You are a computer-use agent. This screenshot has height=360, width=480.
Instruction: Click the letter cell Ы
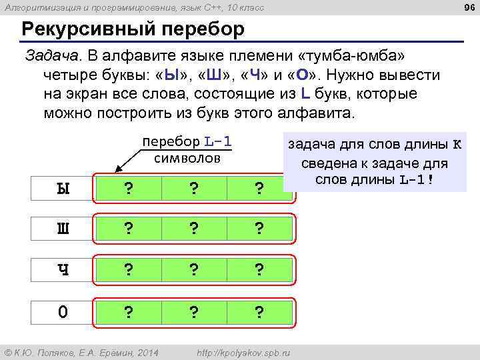[x=63, y=189]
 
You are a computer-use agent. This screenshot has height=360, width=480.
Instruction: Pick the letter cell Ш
[x=63, y=229]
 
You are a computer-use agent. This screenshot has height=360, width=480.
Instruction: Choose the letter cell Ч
[x=63, y=270]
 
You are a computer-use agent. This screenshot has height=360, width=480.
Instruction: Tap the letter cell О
[x=63, y=311]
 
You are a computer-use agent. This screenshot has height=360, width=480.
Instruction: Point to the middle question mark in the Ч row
[x=193, y=271]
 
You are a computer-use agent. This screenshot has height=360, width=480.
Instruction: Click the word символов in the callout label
[x=187, y=158]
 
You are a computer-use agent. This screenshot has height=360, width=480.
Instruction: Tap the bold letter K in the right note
[x=457, y=145]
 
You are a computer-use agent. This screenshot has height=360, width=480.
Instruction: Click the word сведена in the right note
[x=331, y=163]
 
